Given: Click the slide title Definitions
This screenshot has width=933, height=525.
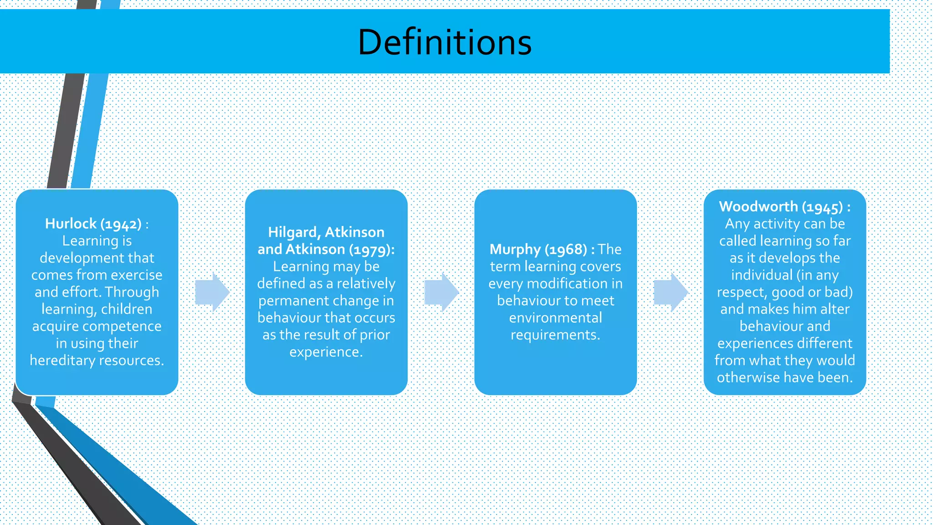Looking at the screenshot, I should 445,42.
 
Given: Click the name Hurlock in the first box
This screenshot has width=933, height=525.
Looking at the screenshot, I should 71,224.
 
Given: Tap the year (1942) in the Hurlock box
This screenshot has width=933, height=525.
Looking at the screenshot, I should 121,224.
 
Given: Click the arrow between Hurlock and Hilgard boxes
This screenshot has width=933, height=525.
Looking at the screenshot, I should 212,293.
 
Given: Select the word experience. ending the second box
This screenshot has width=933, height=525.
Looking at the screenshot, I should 326,352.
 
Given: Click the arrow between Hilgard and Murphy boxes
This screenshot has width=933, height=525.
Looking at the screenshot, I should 441,293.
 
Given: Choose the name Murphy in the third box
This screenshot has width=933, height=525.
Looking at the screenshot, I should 515,249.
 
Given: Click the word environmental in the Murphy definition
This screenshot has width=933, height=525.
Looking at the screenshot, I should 555,318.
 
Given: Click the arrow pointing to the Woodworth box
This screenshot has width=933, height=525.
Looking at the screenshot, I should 671,293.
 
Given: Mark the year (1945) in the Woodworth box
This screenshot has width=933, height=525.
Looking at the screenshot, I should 822,207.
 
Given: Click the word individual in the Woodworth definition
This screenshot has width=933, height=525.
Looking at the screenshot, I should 762,275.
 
